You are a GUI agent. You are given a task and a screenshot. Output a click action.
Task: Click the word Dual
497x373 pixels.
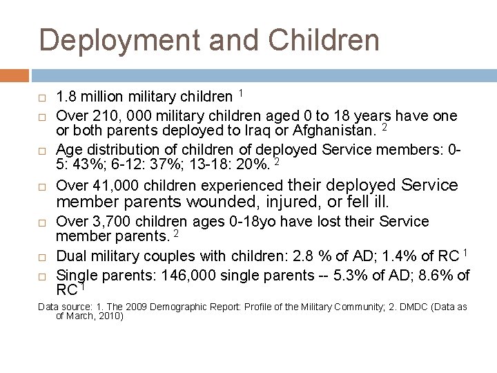coord(70,257)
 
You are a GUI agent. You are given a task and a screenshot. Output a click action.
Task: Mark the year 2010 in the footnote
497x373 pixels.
coord(109,317)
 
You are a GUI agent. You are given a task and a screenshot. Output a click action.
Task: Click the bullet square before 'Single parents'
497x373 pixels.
coord(43,276)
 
